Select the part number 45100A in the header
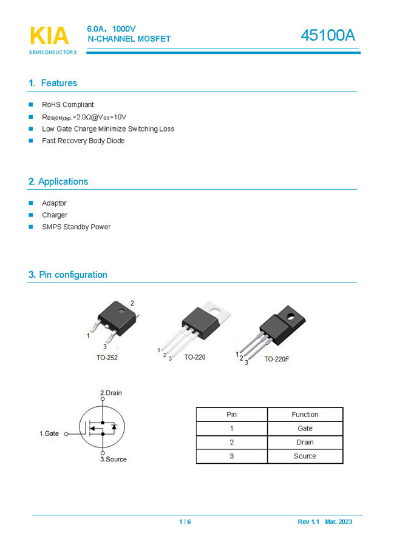327,36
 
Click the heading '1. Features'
53,83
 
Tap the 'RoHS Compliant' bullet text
68,105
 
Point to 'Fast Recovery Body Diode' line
83,141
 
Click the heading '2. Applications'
58,181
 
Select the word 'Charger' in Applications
55,215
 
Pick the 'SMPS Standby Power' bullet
76,227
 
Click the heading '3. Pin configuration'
68,275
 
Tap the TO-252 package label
107,358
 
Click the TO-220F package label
276,359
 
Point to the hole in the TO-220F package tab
290,317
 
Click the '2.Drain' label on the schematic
110,393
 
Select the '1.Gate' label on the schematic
49,434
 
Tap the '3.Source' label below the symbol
114,460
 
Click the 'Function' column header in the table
305,415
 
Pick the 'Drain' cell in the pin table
305,442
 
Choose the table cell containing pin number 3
231,456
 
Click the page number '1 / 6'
185,522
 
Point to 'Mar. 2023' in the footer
338,522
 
